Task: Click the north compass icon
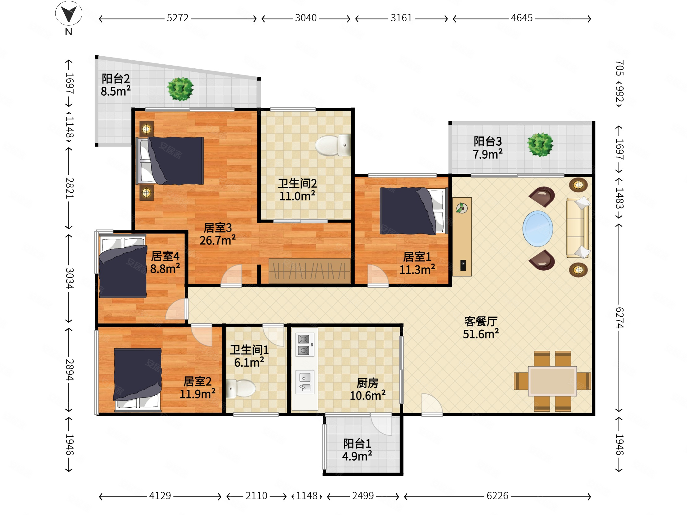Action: click(x=69, y=14)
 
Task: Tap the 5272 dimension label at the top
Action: click(x=177, y=18)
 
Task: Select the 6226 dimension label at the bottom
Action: click(x=497, y=496)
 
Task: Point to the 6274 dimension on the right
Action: click(x=619, y=317)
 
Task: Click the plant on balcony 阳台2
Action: click(x=180, y=89)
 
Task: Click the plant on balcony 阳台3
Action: click(x=540, y=144)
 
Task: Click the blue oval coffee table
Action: click(x=538, y=229)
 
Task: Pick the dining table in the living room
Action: click(x=552, y=381)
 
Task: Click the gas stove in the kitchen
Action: click(x=305, y=345)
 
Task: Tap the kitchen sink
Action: click(x=305, y=382)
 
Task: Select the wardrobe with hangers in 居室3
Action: click(x=309, y=271)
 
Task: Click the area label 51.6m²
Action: click(x=481, y=334)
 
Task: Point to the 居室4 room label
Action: click(x=165, y=256)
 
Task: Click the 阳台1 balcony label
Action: click(x=357, y=444)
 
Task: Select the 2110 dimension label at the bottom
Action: click(x=256, y=496)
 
